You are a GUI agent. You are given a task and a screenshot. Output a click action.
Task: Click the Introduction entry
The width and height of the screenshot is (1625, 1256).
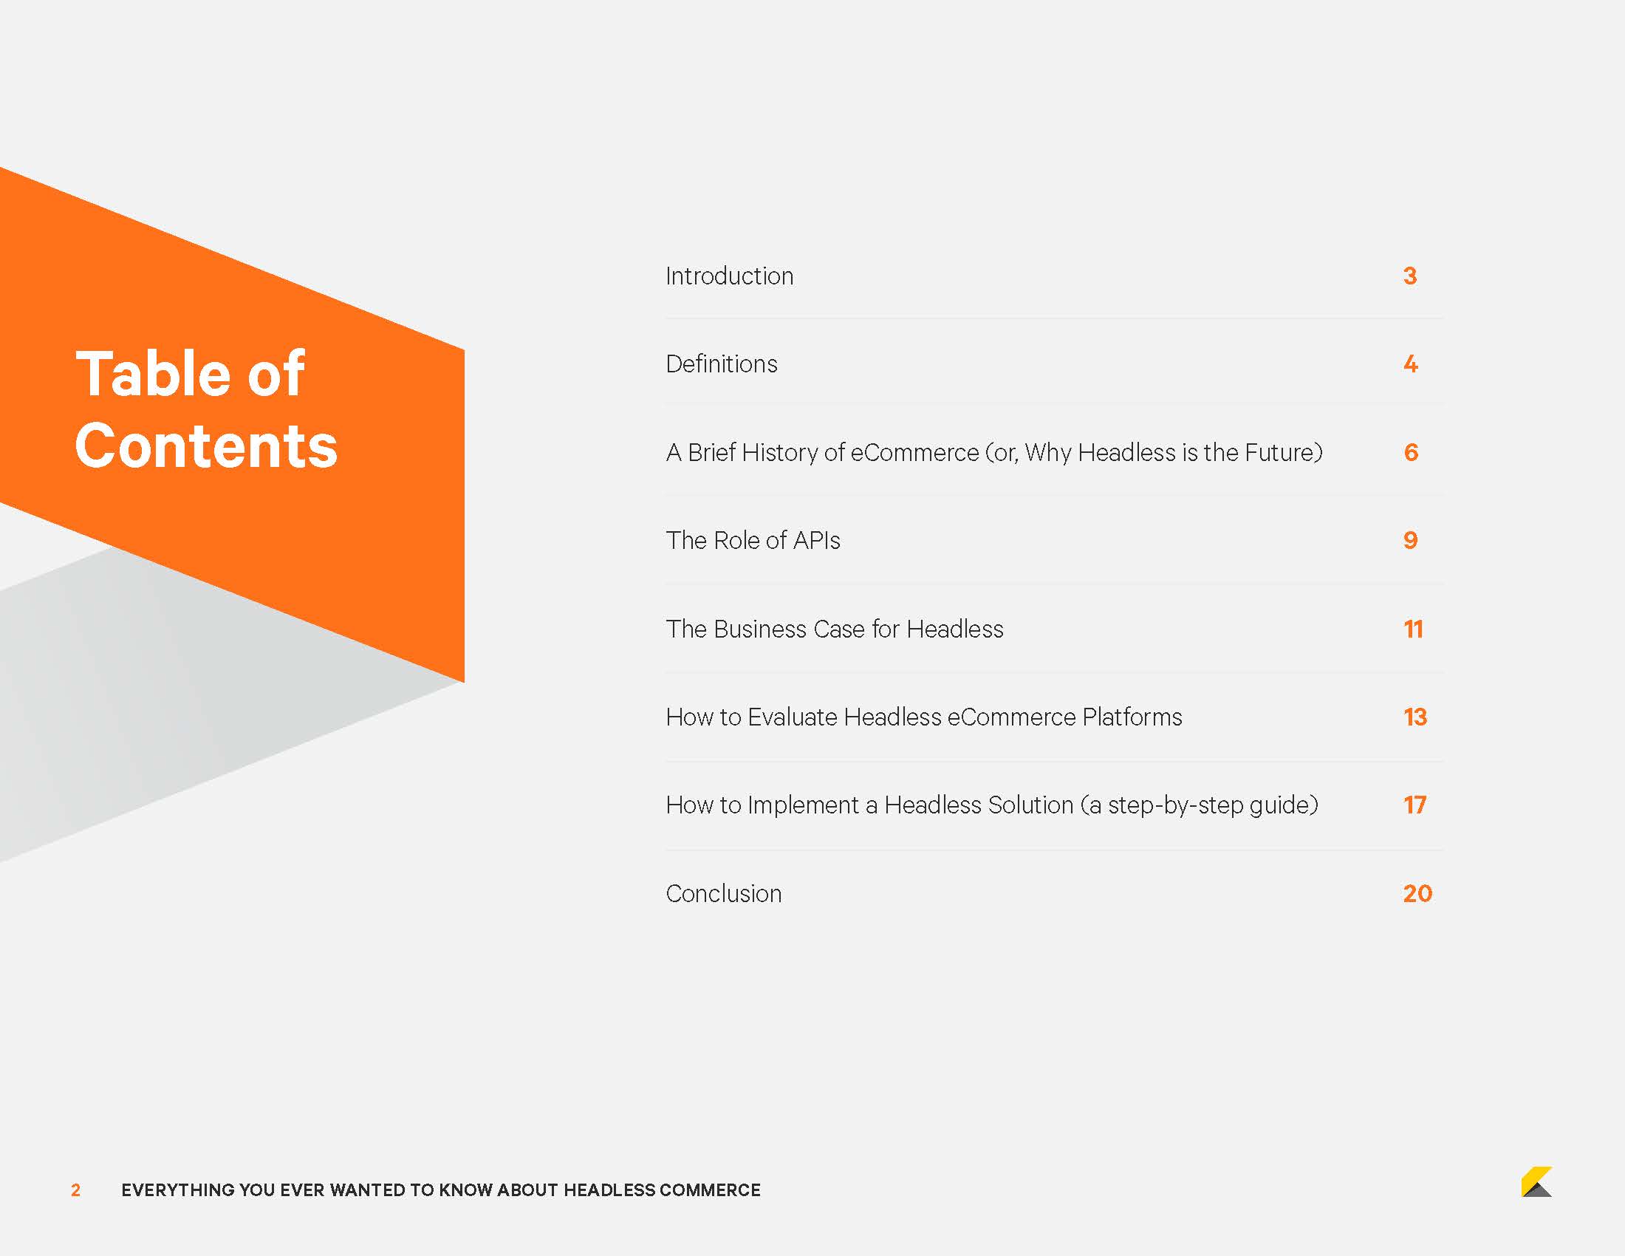coord(729,276)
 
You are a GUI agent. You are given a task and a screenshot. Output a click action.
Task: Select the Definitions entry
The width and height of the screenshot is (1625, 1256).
coord(721,364)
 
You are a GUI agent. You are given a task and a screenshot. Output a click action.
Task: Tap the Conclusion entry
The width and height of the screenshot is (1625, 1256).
coord(723,893)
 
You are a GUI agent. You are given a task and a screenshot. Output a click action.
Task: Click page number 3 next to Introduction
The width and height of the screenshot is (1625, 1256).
coord(1410,276)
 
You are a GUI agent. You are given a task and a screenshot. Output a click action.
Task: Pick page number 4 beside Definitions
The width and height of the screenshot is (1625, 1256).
coord(1411,364)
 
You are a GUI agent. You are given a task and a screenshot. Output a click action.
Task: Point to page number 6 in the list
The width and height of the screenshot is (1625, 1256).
coord(1411,452)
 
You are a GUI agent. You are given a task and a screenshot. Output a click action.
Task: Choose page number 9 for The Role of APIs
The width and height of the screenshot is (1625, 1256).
coord(1410,540)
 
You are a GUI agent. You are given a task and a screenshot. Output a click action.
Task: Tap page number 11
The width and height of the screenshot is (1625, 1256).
coord(1413,629)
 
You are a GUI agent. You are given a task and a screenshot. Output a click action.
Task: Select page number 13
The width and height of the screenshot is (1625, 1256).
coord(1414,717)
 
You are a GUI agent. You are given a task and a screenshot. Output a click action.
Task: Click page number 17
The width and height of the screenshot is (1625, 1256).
coord(1414,805)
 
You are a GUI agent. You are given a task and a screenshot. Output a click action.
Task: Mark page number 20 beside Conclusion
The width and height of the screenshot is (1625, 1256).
coord(1417,893)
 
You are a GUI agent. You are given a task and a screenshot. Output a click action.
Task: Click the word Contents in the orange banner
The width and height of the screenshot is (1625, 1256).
coord(206,446)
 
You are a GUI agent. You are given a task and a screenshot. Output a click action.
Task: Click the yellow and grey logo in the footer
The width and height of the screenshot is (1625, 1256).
coord(1536,1181)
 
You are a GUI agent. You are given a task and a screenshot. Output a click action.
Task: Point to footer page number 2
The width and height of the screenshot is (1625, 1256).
coord(75,1190)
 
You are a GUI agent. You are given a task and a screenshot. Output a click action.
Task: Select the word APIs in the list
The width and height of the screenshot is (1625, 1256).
coord(816,540)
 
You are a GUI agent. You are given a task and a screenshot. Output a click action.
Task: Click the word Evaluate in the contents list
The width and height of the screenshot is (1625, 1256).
coord(792,717)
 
